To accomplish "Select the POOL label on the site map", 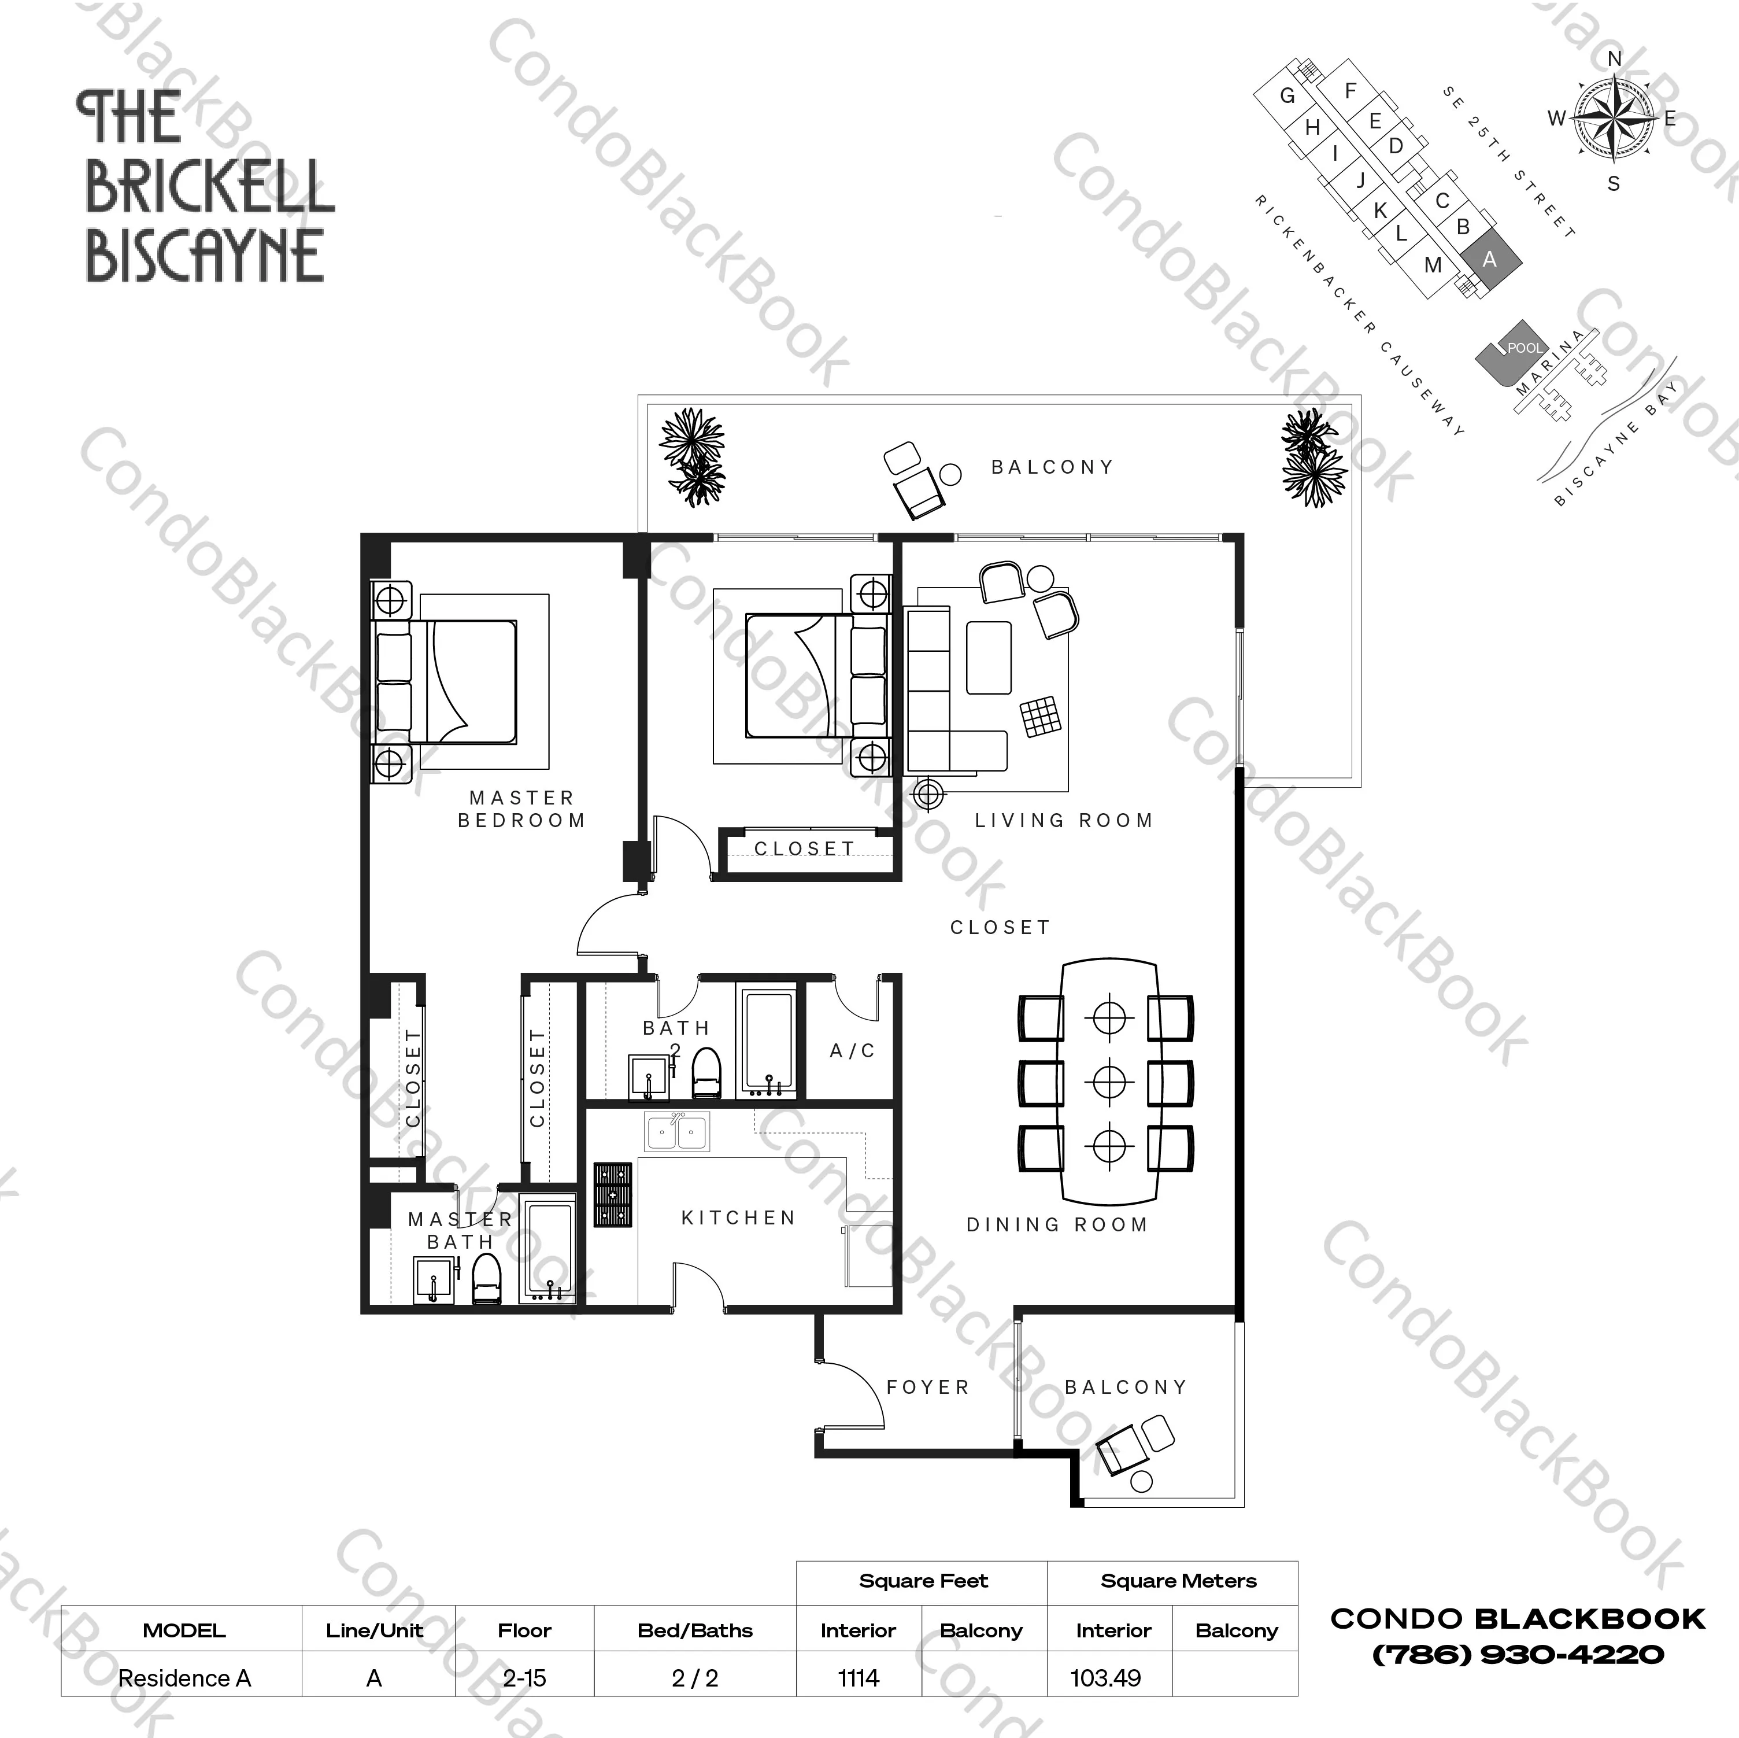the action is point(1524,348).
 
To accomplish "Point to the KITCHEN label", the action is point(739,1217).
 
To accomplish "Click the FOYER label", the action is point(928,1387).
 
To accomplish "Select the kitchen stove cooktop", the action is point(613,1195).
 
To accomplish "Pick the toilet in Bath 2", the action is point(708,1072).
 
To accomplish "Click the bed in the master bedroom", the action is point(446,682).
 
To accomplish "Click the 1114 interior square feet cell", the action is point(858,1678).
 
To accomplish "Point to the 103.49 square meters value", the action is point(1105,1678).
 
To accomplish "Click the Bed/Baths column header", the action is point(695,1630).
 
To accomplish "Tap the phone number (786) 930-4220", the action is point(1518,1654).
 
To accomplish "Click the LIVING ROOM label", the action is point(1064,820).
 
